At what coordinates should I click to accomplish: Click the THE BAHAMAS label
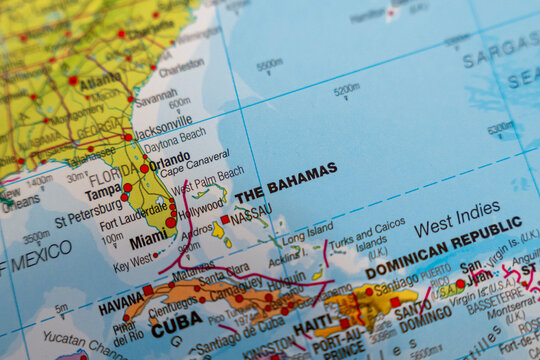click(285, 182)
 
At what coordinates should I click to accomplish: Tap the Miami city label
click(148, 240)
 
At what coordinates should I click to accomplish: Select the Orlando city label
click(170, 158)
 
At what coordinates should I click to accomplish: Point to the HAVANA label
click(120, 301)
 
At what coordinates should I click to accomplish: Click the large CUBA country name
click(176, 324)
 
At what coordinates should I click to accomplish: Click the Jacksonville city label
click(163, 123)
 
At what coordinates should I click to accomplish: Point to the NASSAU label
click(250, 211)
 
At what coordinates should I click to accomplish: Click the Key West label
click(133, 265)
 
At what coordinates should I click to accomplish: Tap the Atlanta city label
click(100, 79)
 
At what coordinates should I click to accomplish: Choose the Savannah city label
click(155, 97)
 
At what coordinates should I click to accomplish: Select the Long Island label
click(307, 239)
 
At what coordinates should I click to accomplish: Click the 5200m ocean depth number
click(346, 90)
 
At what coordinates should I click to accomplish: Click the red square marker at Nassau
click(226, 219)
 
